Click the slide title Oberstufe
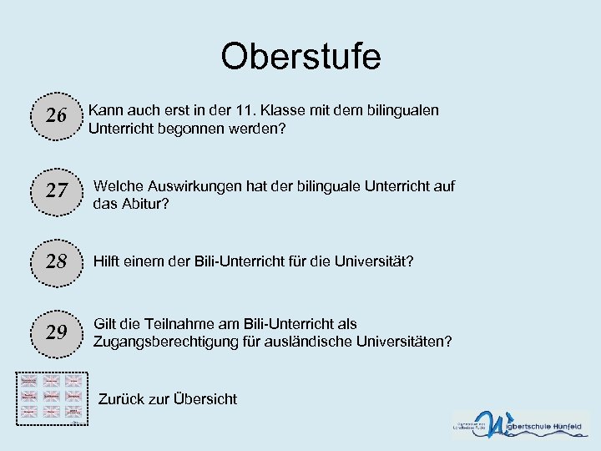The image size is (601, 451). (300, 57)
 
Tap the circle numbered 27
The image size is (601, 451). (56, 191)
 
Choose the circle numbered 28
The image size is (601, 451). (56, 261)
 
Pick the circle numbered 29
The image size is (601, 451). (56, 332)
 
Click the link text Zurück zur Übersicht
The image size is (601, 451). (167, 399)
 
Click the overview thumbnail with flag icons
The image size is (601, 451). (53, 396)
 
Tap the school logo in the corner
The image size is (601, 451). (520, 425)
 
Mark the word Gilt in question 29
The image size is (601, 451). (106, 324)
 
